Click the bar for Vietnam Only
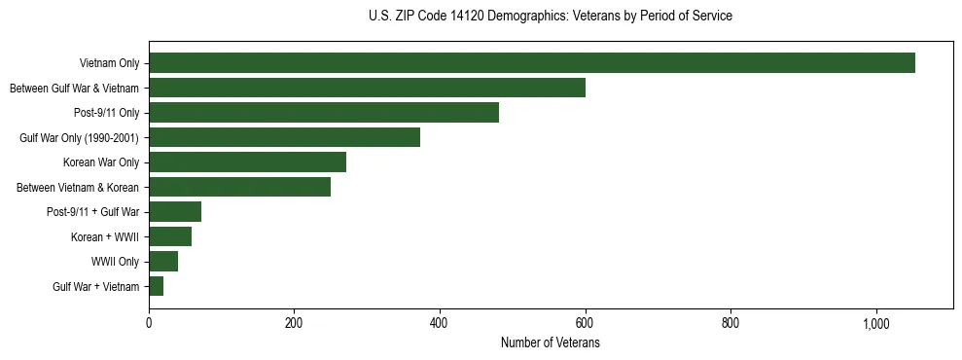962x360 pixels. click(x=532, y=63)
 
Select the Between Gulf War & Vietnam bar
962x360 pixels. click(x=367, y=88)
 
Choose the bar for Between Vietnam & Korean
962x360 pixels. click(x=239, y=187)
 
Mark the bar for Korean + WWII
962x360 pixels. click(x=170, y=236)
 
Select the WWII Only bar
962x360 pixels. click(x=163, y=262)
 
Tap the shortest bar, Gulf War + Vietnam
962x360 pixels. click(x=156, y=286)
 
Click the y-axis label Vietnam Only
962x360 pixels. click(x=109, y=64)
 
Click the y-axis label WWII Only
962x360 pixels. click(x=116, y=262)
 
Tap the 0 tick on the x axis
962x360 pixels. click(x=149, y=322)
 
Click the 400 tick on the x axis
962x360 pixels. click(x=440, y=322)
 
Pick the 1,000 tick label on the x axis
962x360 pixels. click(x=875, y=322)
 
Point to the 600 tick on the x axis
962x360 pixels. click(x=585, y=322)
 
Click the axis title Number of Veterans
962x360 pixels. click(x=550, y=343)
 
